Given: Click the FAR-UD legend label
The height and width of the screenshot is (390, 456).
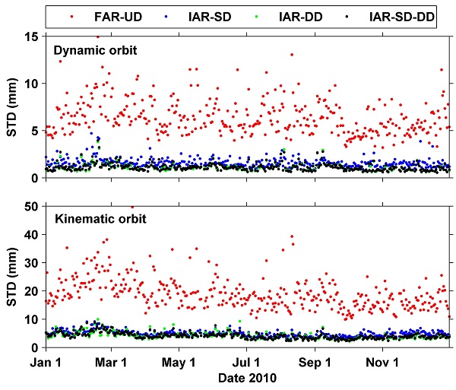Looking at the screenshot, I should [112, 15].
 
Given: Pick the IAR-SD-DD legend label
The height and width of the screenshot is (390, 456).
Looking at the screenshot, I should [404, 15].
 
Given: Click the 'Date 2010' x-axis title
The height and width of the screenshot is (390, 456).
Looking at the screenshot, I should [246, 378].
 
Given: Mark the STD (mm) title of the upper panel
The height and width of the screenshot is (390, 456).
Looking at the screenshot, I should [14, 106].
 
